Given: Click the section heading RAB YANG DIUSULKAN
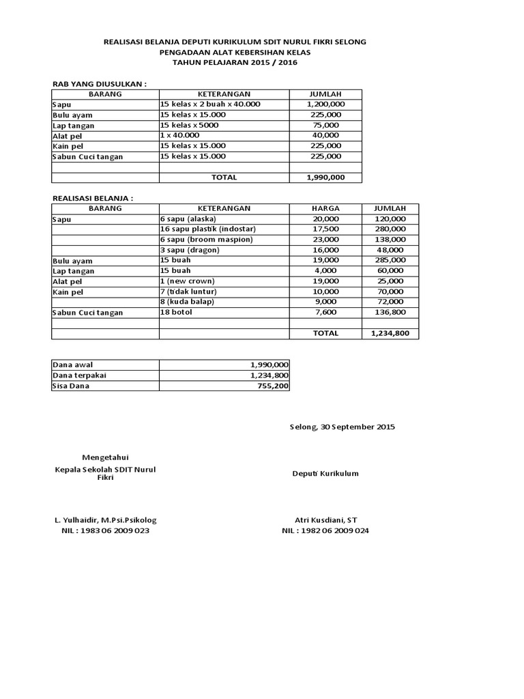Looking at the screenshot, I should pos(100,83).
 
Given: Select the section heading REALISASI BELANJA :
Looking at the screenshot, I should pos(93,197).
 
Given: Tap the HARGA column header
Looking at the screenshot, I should pos(325,208).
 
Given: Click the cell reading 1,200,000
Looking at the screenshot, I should pos(325,104).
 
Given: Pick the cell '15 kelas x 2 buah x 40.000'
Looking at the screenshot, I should pos(210,104).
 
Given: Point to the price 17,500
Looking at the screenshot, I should pos(325,229).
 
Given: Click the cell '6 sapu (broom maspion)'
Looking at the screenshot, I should pos(206,240).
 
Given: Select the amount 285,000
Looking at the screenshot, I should pos(390,260).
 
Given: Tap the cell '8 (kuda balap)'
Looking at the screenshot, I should pos(187,301).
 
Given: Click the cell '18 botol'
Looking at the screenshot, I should pos(176,312).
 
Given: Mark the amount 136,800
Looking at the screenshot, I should pos(390,312).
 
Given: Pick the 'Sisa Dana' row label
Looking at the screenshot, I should pos(71,386).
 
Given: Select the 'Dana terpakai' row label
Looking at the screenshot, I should pos(79,375).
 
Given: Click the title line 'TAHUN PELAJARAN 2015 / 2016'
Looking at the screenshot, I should pos(234,62).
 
